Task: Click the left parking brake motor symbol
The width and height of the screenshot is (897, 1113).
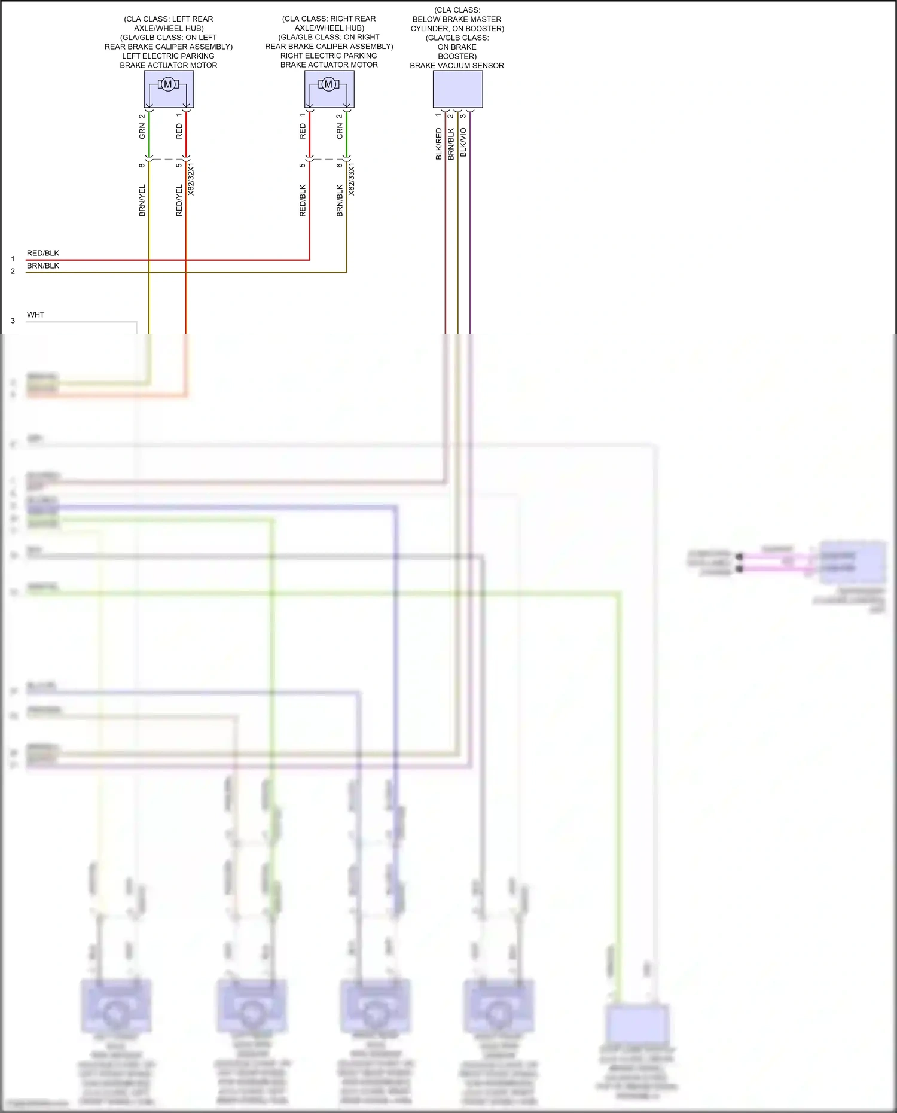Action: tap(168, 85)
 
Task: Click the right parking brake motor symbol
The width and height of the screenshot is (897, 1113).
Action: tap(328, 85)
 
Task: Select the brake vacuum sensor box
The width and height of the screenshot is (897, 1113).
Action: tap(457, 89)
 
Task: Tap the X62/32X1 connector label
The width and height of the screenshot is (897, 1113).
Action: tap(191, 179)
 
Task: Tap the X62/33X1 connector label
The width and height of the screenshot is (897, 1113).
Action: tap(352, 179)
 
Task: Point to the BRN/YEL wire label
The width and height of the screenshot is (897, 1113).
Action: tap(142, 200)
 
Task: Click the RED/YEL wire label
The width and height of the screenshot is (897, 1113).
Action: tap(179, 200)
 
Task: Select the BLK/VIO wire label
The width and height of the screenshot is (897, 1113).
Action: tap(463, 142)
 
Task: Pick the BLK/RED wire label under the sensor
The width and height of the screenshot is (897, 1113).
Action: tap(439, 144)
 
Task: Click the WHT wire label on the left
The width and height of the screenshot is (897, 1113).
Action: tap(35, 315)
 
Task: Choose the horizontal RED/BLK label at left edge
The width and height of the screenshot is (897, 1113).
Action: tap(43, 253)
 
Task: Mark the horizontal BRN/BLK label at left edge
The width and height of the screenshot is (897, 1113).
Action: tap(43, 266)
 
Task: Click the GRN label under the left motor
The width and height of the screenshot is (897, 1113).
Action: tap(142, 132)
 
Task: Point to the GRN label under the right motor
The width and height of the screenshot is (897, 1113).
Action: tap(340, 132)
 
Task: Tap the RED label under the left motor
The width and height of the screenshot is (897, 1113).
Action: tap(179, 132)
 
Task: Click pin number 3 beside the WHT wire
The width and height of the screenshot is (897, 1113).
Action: tap(13, 321)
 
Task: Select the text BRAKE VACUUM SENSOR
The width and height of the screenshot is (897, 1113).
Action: tap(457, 66)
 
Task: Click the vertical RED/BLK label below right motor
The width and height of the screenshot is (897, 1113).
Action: tap(303, 200)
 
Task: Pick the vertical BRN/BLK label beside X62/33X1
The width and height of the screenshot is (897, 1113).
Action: tap(340, 200)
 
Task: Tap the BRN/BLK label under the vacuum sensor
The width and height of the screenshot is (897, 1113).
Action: tap(451, 144)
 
